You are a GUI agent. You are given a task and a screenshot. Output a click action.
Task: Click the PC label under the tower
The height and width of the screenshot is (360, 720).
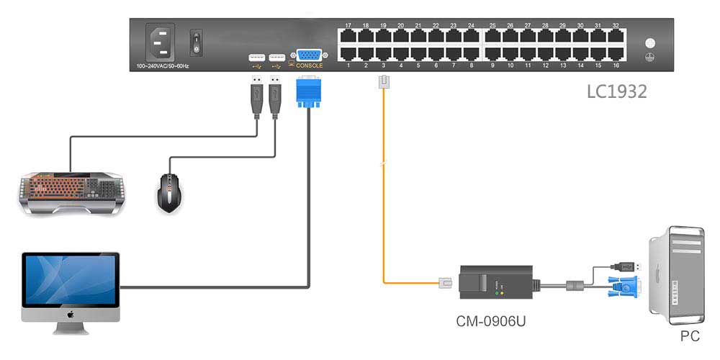(x=690, y=336)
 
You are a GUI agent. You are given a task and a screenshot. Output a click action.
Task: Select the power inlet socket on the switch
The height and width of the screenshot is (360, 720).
(x=161, y=42)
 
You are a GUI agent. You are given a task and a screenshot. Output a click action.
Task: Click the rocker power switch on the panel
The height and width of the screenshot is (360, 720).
(x=194, y=42)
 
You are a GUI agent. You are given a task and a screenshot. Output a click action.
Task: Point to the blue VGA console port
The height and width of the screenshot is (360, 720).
(x=309, y=56)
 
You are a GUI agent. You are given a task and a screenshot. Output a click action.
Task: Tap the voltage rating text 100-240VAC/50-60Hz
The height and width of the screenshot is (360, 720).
(x=163, y=66)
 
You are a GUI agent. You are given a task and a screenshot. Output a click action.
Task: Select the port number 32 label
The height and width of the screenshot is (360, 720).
(x=616, y=25)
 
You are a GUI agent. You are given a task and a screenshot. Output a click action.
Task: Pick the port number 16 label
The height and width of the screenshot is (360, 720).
(x=616, y=66)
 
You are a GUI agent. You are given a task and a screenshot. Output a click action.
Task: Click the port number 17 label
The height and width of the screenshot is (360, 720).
(x=348, y=25)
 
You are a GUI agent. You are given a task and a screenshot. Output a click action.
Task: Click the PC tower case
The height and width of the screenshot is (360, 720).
(x=676, y=274)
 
